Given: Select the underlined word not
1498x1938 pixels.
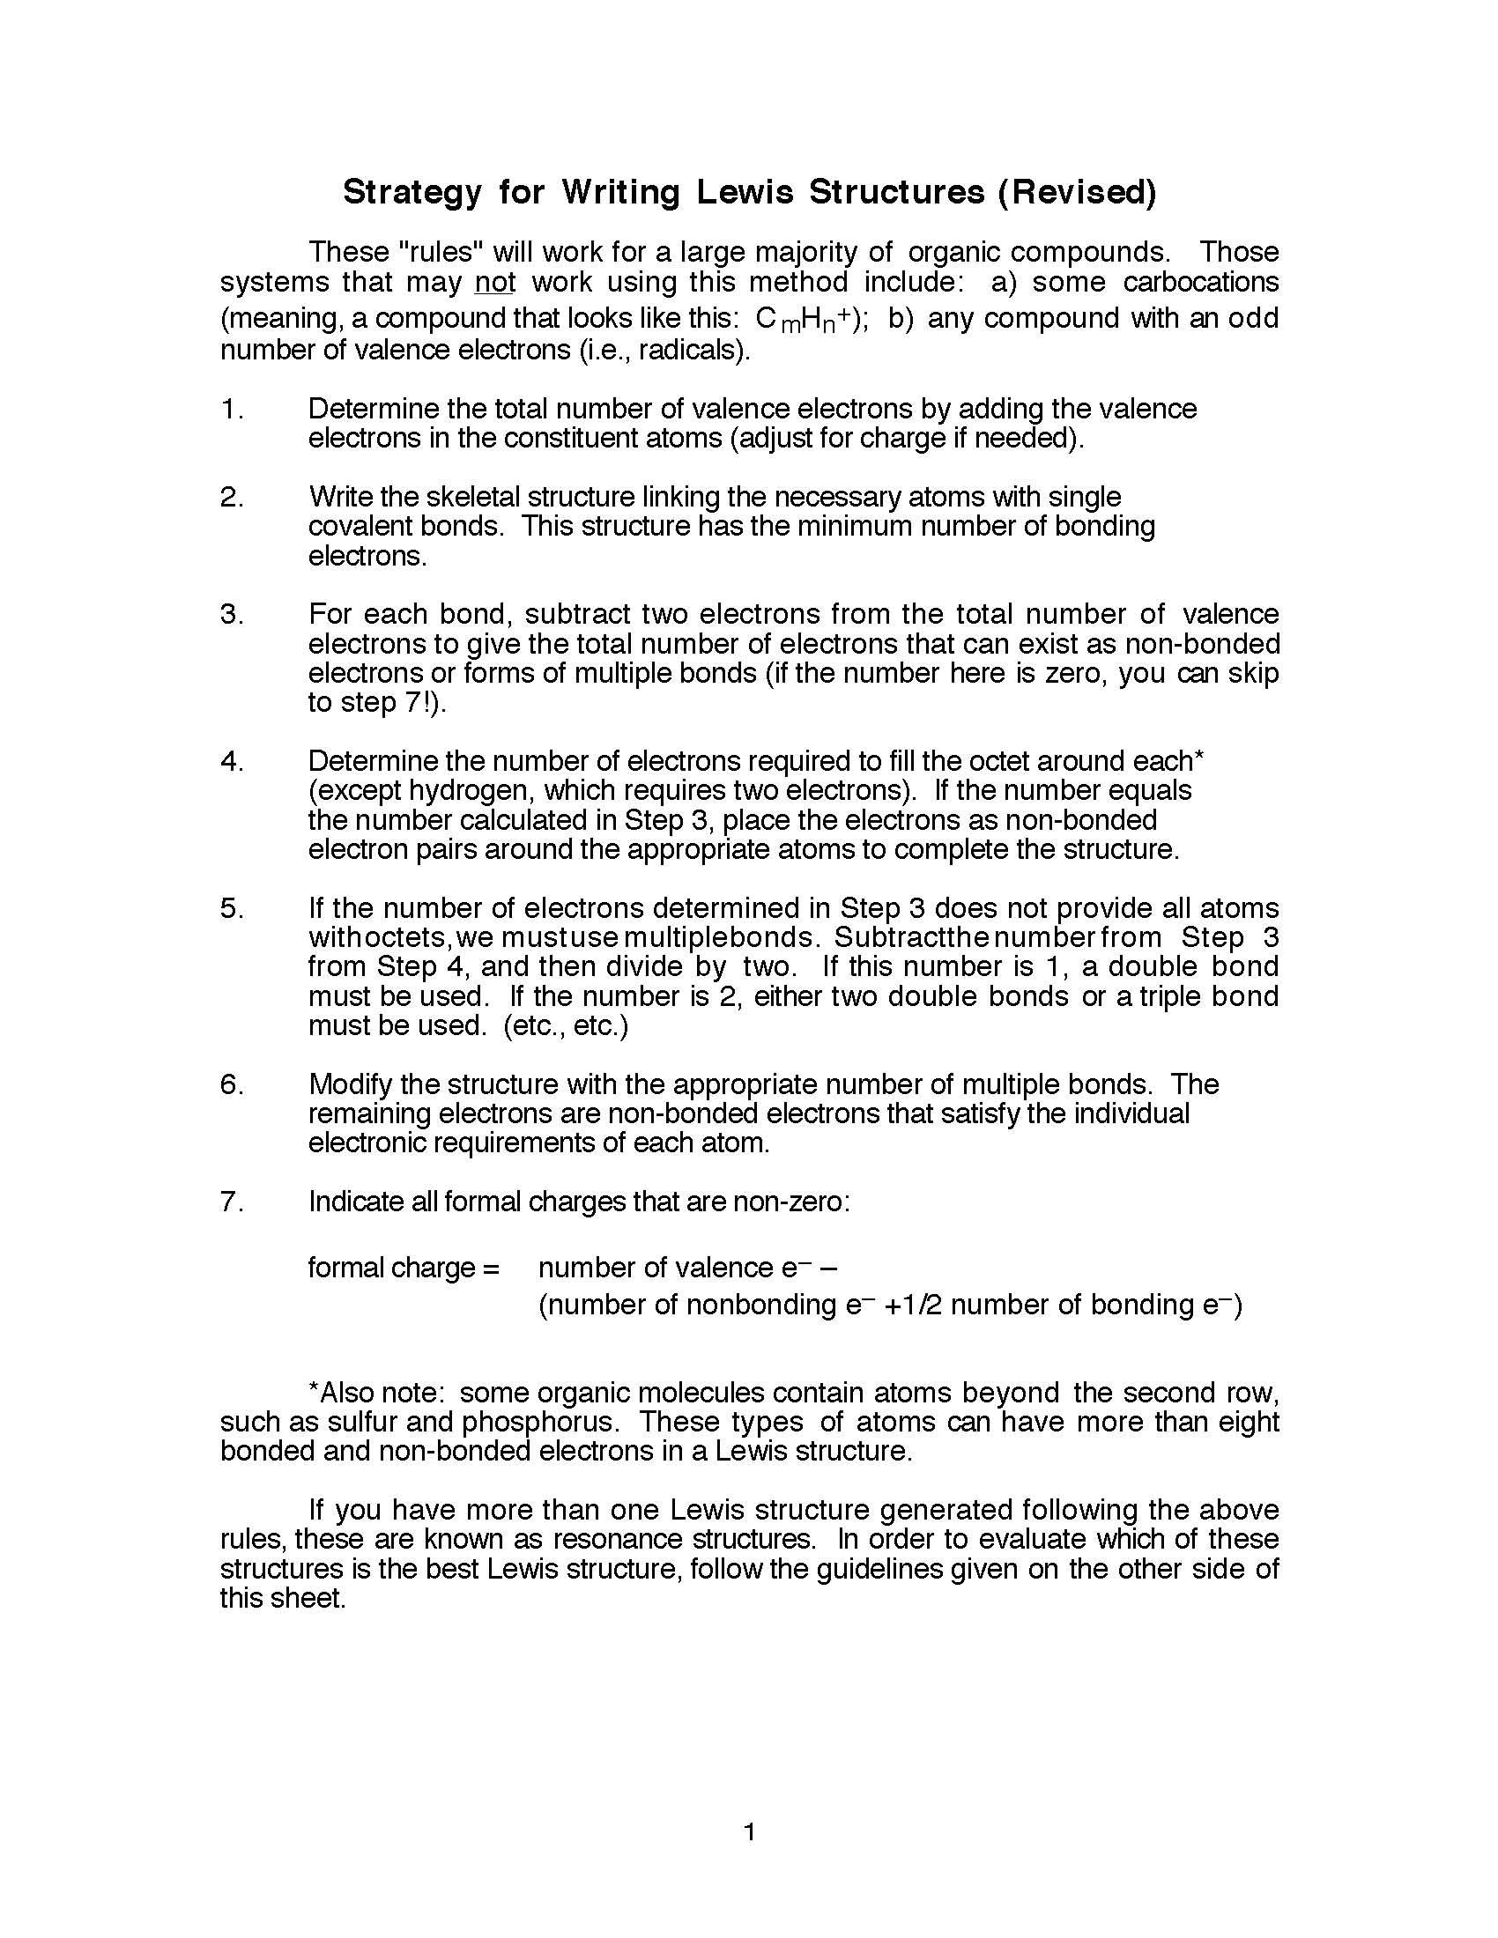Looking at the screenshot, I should pyautogui.click(x=495, y=283).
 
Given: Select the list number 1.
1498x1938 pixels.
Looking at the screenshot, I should pyautogui.click(x=230, y=409).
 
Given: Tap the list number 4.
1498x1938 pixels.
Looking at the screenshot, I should pyautogui.click(x=230, y=761).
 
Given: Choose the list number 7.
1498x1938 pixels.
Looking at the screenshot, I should pyautogui.click(x=230, y=1202).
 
